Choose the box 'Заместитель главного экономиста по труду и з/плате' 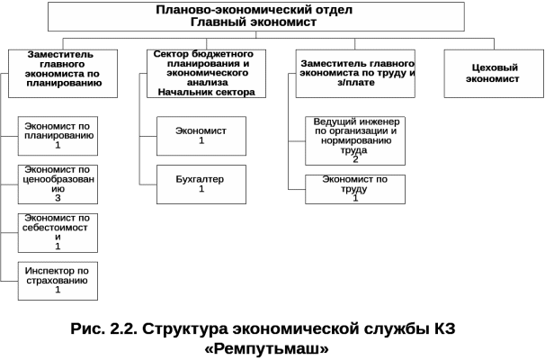354,72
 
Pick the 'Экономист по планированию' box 58,135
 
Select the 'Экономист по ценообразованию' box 58,184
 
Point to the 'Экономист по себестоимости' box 58,232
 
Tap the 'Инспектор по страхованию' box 58,280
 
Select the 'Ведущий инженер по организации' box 354,139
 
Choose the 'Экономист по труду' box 354,189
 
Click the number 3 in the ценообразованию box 58,198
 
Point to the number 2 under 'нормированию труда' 354,159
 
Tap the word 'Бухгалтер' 201,178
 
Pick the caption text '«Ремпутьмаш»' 266,347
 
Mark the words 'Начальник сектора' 206,92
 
